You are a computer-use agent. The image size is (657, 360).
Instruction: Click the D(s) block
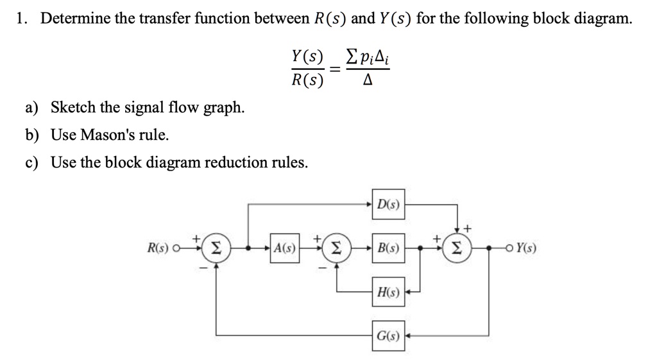click(388, 205)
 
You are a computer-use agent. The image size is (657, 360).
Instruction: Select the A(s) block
click(284, 248)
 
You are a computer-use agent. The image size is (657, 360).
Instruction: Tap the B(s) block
click(388, 248)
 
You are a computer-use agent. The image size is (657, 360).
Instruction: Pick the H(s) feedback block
click(388, 293)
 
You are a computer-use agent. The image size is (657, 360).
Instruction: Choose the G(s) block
click(388, 335)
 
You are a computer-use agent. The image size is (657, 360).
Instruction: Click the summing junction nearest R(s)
click(216, 248)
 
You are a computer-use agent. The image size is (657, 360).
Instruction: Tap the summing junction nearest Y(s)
click(457, 248)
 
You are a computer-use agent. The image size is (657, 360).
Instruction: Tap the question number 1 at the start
click(21, 18)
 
